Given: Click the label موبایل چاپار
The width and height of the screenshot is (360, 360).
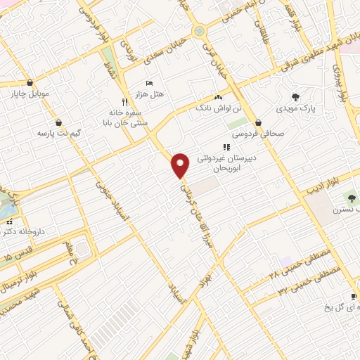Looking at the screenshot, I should (x=27, y=93).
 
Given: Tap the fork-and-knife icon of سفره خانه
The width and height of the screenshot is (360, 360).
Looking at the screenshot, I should (x=124, y=101).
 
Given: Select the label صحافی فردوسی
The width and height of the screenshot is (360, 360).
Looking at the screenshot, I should (x=261, y=131).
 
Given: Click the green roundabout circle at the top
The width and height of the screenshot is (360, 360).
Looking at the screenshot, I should (x=200, y=31).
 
